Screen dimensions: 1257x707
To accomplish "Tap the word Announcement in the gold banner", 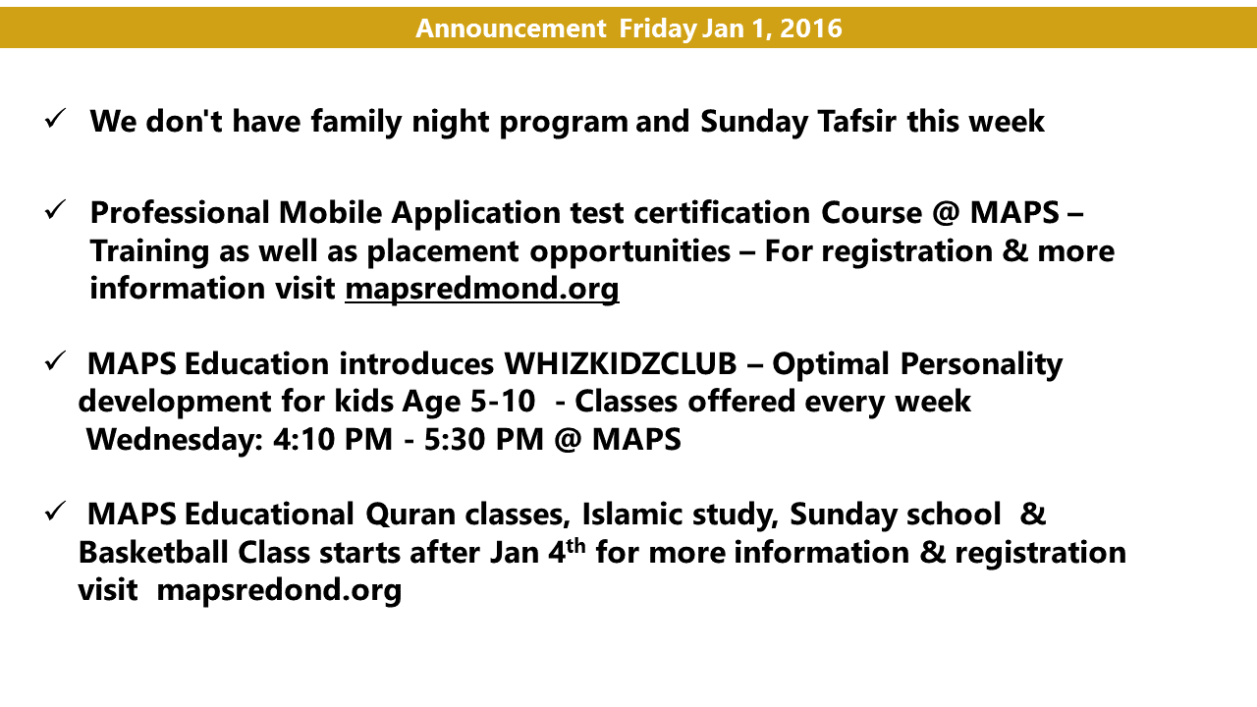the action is coord(511,28).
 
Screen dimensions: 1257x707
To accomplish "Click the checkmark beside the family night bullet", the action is coord(55,119).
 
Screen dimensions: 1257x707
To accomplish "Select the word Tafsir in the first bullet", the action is coord(856,121).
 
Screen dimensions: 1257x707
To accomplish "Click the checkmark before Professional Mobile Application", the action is coord(55,209).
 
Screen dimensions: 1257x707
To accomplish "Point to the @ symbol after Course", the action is coord(946,213).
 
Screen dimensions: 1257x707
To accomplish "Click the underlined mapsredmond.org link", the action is coord(482,289).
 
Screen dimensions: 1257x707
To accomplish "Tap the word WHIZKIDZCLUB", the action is coord(620,363).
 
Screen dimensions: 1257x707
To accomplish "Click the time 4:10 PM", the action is coord(333,439).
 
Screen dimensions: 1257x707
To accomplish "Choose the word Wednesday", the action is coord(175,440).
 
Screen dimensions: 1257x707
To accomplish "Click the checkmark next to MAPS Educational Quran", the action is coord(55,512).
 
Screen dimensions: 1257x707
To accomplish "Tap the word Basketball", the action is coord(152,552).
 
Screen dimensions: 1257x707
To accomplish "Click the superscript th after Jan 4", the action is coord(575,545).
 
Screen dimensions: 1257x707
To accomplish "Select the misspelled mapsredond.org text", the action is coord(279,590).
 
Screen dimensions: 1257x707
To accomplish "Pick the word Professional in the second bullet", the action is coord(180,213).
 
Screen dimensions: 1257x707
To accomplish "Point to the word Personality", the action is coord(981,364).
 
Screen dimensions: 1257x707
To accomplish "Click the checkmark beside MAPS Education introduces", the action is coord(55,360).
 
